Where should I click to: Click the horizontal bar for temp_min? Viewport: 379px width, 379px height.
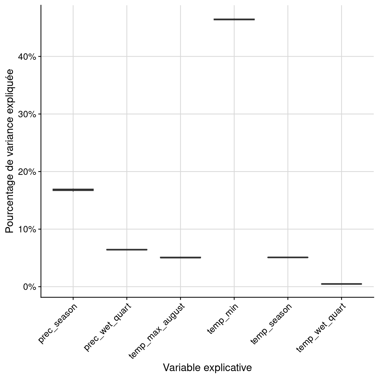point(234,19)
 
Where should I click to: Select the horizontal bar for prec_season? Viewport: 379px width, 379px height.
point(73,190)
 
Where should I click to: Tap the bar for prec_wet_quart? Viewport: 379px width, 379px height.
point(127,250)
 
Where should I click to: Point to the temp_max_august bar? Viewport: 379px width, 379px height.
point(180,257)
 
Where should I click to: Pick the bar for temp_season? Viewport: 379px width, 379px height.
point(288,257)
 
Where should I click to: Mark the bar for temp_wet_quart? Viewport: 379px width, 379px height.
point(341,284)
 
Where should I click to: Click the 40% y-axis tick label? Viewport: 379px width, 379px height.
point(27,57)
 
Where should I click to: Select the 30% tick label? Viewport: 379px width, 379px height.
point(27,114)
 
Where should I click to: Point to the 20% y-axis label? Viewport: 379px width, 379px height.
point(27,172)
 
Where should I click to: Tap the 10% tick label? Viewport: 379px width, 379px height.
point(27,229)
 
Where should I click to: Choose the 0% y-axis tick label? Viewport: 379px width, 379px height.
point(29,287)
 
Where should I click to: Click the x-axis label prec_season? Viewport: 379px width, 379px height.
point(58,323)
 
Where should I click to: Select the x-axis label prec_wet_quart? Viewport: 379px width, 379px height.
point(108,327)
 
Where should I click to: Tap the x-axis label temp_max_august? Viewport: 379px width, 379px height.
point(157,331)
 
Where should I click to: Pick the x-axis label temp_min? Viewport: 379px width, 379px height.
point(223,319)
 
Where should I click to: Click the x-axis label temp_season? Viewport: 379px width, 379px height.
point(271,324)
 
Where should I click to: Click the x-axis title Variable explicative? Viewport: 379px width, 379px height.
point(207,368)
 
